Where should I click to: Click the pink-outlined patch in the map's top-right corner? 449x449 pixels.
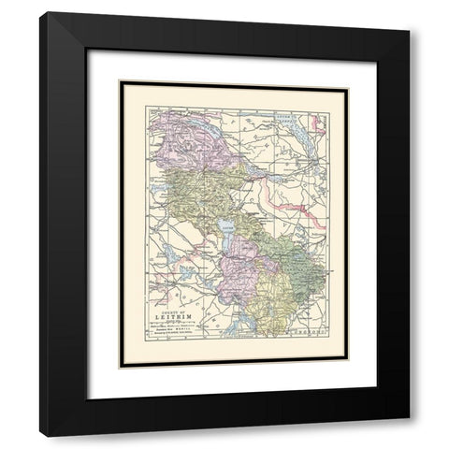(x=319, y=121)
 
